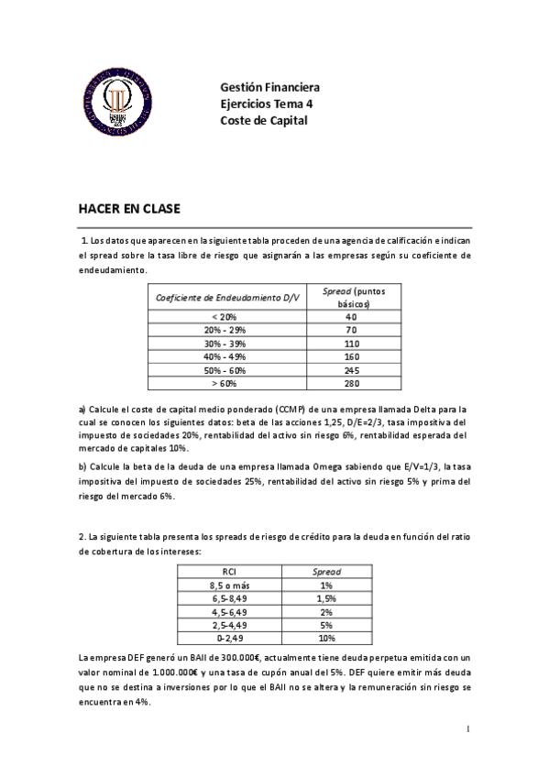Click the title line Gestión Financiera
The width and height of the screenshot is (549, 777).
(269, 88)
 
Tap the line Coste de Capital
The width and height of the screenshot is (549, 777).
(264, 120)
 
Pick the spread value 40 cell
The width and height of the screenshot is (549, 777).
(351, 316)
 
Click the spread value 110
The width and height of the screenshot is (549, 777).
(351, 343)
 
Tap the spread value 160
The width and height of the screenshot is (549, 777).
(351, 356)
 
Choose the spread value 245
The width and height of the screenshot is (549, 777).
(351, 370)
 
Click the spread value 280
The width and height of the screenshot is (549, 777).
(351, 383)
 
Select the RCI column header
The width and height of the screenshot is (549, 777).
(230, 572)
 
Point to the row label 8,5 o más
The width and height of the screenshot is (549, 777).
(230, 585)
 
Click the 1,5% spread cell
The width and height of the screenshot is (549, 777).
(326, 598)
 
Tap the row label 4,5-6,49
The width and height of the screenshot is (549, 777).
(230, 611)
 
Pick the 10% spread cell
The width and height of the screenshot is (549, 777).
(326, 638)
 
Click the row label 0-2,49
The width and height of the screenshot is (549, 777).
(230, 638)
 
